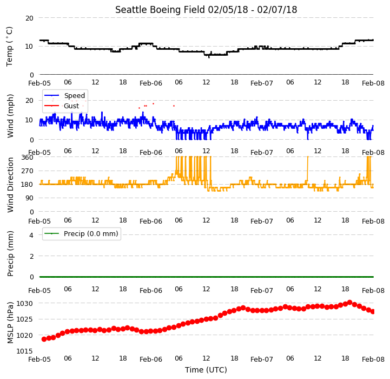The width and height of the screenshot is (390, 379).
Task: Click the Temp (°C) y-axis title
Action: (x=9, y=47)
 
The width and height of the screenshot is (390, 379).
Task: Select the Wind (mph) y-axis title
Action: (x=10, y=116)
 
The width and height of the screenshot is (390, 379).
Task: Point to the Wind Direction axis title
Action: (x=10, y=185)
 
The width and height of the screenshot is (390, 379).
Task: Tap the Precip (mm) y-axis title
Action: (x=10, y=253)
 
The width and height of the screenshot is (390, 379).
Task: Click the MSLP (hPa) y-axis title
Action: (x=10, y=323)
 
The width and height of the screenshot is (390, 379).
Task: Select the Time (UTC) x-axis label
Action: (x=206, y=370)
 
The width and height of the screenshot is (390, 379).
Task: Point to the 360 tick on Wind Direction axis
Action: (x=28, y=158)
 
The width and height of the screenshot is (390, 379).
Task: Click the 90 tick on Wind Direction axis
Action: (x=29, y=198)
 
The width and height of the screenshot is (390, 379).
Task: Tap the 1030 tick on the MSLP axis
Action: (x=24, y=304)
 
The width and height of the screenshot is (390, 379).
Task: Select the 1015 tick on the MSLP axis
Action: (x=24, y=351)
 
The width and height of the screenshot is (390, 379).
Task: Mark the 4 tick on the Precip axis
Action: (x=31, y=235)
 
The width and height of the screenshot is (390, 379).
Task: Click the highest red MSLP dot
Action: (x=350, y=303)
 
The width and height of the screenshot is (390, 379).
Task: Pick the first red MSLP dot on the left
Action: (x=44, y=339)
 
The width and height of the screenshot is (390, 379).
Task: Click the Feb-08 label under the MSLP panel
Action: (x=373, y=360)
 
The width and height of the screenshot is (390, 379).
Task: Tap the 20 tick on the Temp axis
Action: (x=29, y=18)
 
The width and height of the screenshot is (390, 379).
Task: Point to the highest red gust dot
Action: (x=153, y=103)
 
